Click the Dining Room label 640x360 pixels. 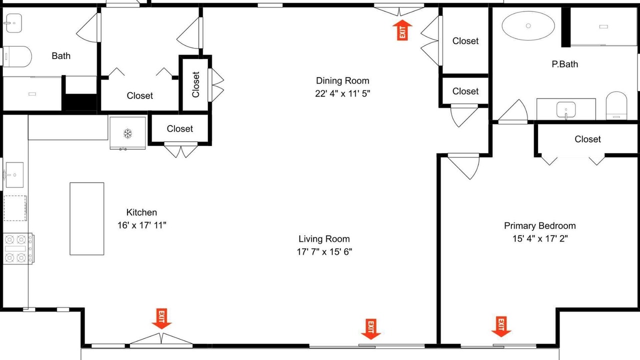point(342,80)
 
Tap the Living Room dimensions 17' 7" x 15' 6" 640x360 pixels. point(324,251)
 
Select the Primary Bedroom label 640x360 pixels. point(539,225)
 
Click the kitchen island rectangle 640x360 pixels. point(87,218)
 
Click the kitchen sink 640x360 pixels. point(14,175)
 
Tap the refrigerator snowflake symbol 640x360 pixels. point(127,133)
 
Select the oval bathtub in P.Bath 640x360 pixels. point(528,25)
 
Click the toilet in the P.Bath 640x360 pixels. point(616,105)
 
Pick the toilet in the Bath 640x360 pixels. point(16,56)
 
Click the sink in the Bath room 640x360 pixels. point(13,23)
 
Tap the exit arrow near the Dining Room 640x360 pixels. point(402,30)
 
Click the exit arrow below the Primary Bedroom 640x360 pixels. point(501,326)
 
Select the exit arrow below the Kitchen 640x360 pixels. point(161,318)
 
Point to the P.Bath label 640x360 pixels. point(565,64)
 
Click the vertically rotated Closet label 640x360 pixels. point(195,84)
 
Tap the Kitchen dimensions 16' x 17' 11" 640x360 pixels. point(141,225)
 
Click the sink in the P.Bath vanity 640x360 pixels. point(566,109)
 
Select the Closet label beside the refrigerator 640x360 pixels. point(179,128)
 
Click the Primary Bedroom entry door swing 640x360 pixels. point(463,166)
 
